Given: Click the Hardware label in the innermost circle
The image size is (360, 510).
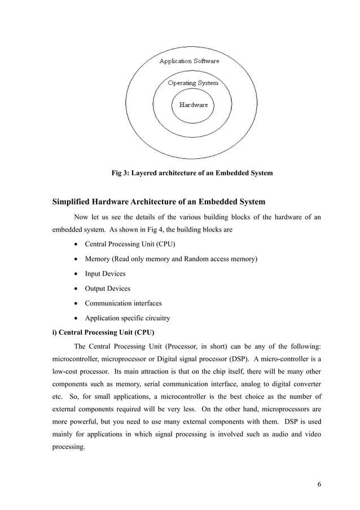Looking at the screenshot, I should pyautogui.click(x=194, y=104).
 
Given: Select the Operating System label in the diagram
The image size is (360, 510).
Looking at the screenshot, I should pyautogui.click(x=193, y=83).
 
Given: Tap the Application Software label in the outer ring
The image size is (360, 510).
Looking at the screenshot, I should pyautogui.click(x=189, y=61).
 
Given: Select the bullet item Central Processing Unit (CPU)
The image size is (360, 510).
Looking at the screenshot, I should pyautogui.click(x=130, y=245).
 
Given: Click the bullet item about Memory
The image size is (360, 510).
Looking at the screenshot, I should pyautogui.click(x=170, y=259).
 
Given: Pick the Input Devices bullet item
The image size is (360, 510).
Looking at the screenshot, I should pyautogui.click(x=105, y=274).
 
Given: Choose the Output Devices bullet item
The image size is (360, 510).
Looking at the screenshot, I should pyautogui.click(x=107, y=289).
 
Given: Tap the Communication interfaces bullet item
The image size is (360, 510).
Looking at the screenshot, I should pyautogui.click(x=123, y=303).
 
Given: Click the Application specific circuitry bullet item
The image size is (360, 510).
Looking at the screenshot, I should pyautogui.click(x=127, y=318).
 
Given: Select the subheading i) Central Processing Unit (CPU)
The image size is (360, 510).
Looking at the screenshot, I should pyautogui.click(x=103, y=332).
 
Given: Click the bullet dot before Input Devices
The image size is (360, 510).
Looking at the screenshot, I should pyautogui.click(x=76, y=274).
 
